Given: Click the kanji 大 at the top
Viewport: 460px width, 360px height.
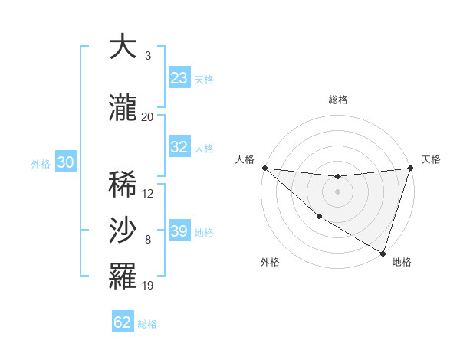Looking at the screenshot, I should coord(123,47).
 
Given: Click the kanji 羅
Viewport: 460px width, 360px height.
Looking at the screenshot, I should coord(123,277).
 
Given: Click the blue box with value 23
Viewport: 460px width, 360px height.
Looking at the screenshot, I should coord(179,78).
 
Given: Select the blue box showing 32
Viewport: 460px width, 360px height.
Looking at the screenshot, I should coord(179,147).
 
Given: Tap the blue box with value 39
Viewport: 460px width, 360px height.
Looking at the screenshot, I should coord(179,231).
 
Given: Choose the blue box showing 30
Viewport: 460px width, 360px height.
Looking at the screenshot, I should coord(65,162).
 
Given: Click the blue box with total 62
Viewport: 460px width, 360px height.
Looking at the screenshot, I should coord(123,322).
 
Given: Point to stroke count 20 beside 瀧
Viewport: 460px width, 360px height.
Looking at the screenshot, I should coord(147,116).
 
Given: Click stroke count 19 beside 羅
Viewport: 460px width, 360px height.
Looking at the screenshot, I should coord(148,286).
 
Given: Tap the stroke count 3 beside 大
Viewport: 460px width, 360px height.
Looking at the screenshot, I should coord(147,56).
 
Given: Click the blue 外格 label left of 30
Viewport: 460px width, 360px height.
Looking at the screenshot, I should coord(41,163).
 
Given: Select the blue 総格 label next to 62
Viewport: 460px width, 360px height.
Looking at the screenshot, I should coord(147,324).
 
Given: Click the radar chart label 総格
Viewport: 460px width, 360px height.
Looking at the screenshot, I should coord(338,100).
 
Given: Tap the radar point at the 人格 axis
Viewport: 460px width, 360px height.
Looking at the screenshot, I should coord(265,168).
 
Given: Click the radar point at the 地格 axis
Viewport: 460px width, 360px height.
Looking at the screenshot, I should coord(383,253).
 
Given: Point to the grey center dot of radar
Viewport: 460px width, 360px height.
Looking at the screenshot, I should coord(337,191).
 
